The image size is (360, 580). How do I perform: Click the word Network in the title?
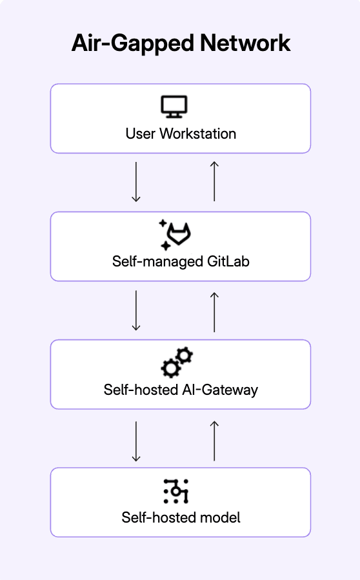pyautogui.click(x=245, y=43)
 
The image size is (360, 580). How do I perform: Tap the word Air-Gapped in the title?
pyautogui.click(x=132, y=44)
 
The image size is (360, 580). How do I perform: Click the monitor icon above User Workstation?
pyautogui.click(x=174, y=106)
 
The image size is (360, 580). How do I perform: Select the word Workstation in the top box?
pyautogui.click(x=197, y=134)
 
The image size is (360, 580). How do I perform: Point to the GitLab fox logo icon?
pyautogui.click(x=179, y=234)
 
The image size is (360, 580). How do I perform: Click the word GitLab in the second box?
pyautogui.click(x=228, y=261)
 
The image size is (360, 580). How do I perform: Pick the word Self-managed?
pyautogui.click(x=157, y=262)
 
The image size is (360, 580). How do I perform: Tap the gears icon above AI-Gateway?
pyautogui.click(x=177, y=363)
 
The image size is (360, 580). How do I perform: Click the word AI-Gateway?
pyautogui.click(x=220, y=390)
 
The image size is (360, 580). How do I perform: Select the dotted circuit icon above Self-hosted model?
pyautogui.click(x=175, y=491)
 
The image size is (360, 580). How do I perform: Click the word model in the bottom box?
pyautogui.click(x=220, y=517)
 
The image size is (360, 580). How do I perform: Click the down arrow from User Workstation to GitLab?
pyautogui.click(x=136, y=182)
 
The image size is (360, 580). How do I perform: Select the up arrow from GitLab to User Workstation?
pyautogui.click(x=214, y=181)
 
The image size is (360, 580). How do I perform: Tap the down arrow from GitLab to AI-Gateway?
pyautogui.click(x=136, y=310)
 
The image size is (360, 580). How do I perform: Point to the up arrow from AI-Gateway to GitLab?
pyautogui.click(x=214, y=312)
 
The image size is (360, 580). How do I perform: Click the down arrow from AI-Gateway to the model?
pyautogui.click(x=136, y=441)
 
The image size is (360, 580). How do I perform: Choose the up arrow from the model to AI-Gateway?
pyautogui.click(x=214, y=441)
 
